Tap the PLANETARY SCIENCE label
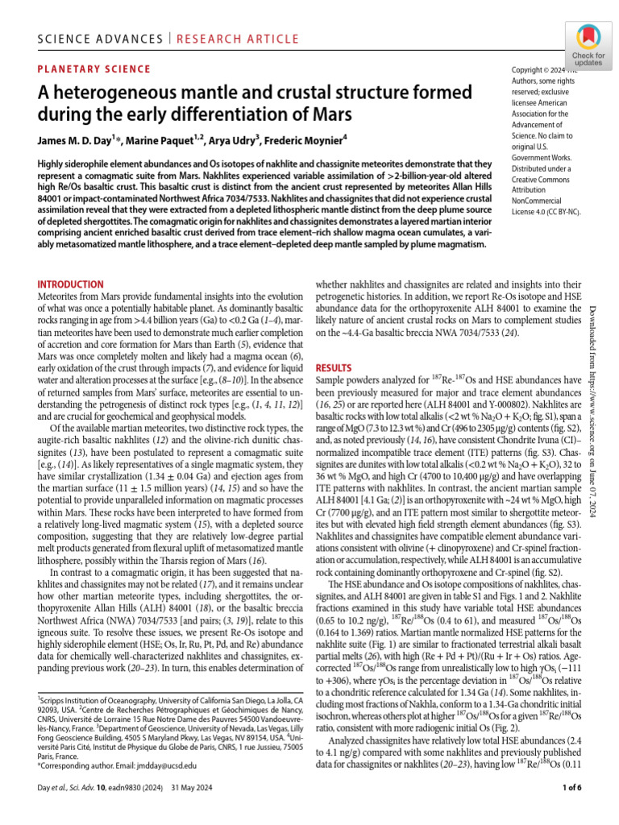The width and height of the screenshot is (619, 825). point(94,69)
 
